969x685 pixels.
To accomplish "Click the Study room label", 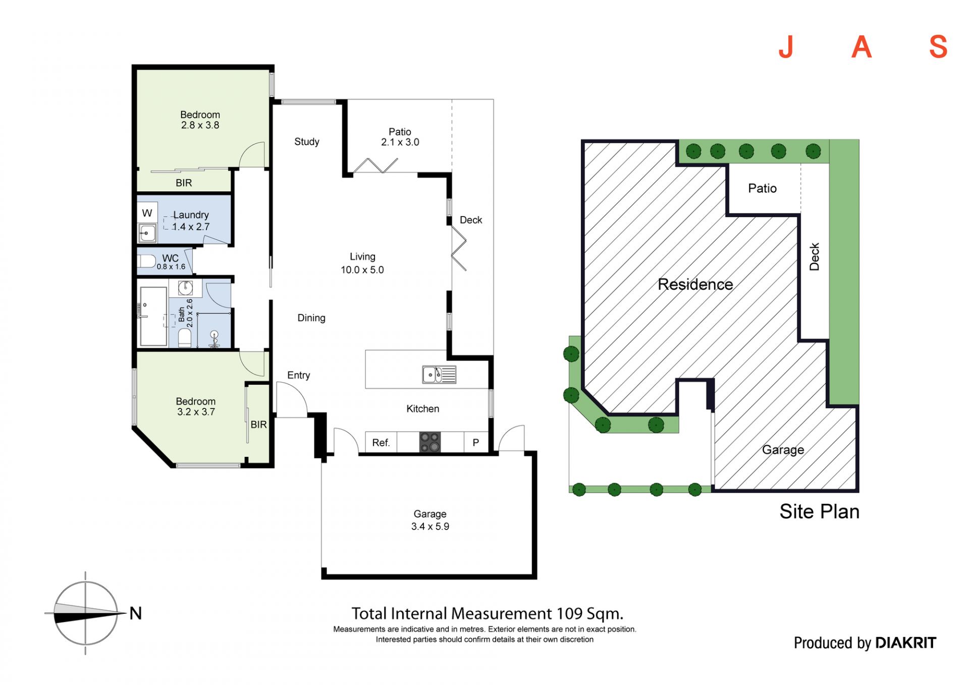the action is [307, 142].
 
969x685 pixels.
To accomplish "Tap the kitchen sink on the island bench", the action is [439, 375].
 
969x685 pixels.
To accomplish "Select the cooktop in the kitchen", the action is [430, 442].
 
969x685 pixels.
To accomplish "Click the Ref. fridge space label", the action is [381, 443].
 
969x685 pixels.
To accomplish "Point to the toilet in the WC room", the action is [147, 261].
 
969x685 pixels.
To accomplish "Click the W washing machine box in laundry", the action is [147, 213].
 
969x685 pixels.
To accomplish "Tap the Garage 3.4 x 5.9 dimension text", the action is [430, 526].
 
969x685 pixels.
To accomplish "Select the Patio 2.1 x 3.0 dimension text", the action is [400, 142].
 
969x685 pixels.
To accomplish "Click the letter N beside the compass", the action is [135, 613].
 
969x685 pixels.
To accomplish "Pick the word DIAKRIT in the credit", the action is [905, 643].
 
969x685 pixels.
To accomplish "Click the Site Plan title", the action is [820, 511].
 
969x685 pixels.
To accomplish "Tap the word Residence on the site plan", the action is [695, 285].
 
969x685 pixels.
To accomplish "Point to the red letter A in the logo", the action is [862, 47].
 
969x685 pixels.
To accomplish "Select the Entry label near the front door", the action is [299, 375].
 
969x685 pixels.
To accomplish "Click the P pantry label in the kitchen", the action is [475, 443].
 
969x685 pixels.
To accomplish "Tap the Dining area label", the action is [311, 318].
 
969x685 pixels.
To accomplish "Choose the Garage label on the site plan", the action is [783, 450].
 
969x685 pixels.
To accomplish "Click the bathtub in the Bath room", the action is [153, 317].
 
